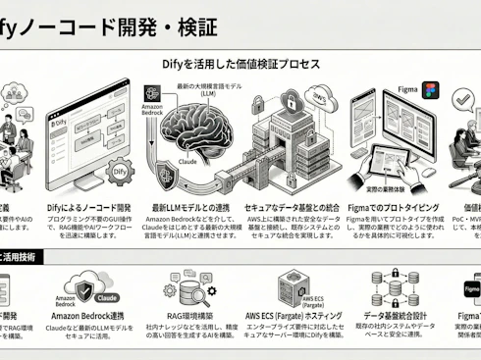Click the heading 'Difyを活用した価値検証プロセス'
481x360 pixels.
tap(240, 64)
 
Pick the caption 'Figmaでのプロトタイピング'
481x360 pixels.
tap(400, 208)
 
